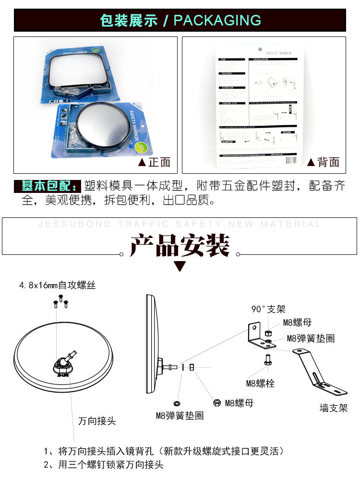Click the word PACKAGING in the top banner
pyautogui.click(x=217, y=20)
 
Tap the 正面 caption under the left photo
pyautogui.click(x=154, y=162)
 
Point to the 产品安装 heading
pyautogui.click(x=180, y=246)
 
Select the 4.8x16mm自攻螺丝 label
pyautogui.click(x=58, y=285)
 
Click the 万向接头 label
pyautogui.click(x=97, y=421)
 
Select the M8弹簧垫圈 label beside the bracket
pyautogui.click(x=311, y=338)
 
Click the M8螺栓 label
pyautogui.click(x=260, y=383)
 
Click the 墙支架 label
pyautogui.click(x=334, y=408)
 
